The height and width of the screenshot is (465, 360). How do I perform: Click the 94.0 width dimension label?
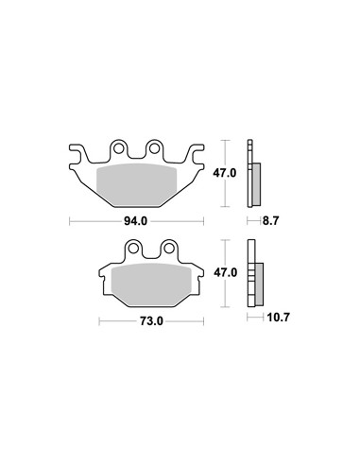[x=135, y=221]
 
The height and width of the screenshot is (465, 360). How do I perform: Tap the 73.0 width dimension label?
[x=151, y=321]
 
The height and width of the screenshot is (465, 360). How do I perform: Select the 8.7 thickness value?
[x=270, y=221]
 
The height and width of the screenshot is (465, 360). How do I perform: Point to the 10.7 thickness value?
[x=278, y=318]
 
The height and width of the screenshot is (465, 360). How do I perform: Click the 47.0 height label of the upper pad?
[x=225, y=173]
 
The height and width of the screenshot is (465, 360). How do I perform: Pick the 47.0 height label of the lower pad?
[x=226, y=273]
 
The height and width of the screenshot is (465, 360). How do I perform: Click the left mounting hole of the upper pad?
[x=118, y=148]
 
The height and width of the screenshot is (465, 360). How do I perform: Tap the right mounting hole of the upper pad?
[x=154, y=148]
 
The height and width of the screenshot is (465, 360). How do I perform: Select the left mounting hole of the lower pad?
[x=133, y=249]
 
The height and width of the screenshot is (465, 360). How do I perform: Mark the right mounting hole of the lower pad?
[x=169, y=249]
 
